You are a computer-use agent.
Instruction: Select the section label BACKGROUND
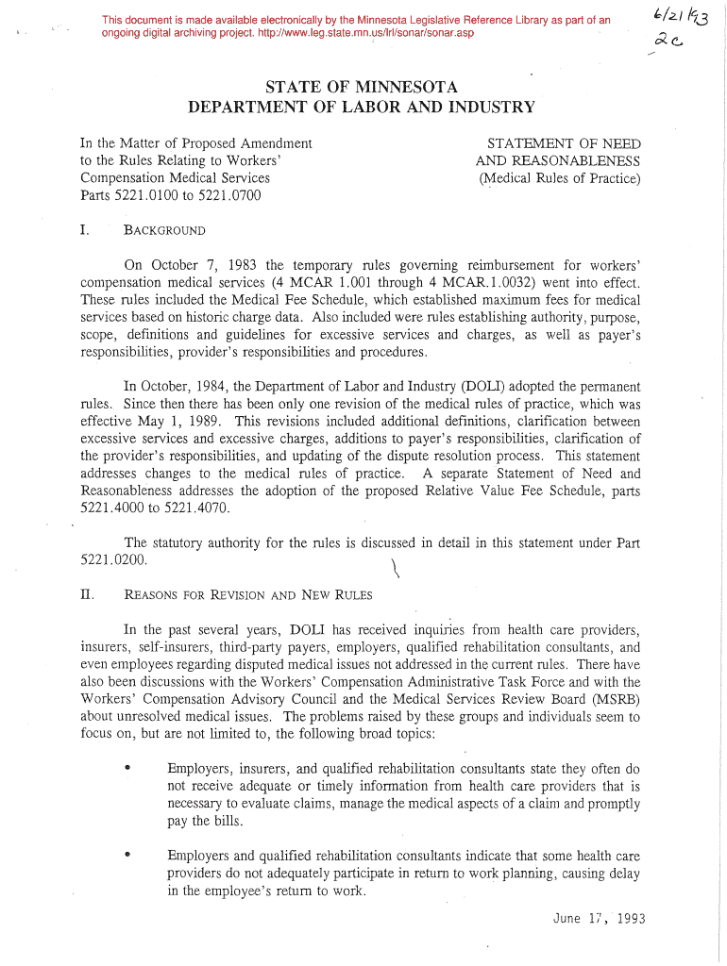tap(164, 231)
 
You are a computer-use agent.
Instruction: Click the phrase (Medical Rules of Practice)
tap(559, 178)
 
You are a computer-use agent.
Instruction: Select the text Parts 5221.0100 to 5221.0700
tap(170, 195)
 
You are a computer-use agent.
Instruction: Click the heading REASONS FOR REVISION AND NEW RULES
tap(248, 595)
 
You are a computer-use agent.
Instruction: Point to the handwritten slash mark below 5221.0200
tap(392, 569)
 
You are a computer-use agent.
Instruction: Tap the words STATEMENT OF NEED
tap(563, 143)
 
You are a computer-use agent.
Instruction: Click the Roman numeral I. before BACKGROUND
tap(85, 231)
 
